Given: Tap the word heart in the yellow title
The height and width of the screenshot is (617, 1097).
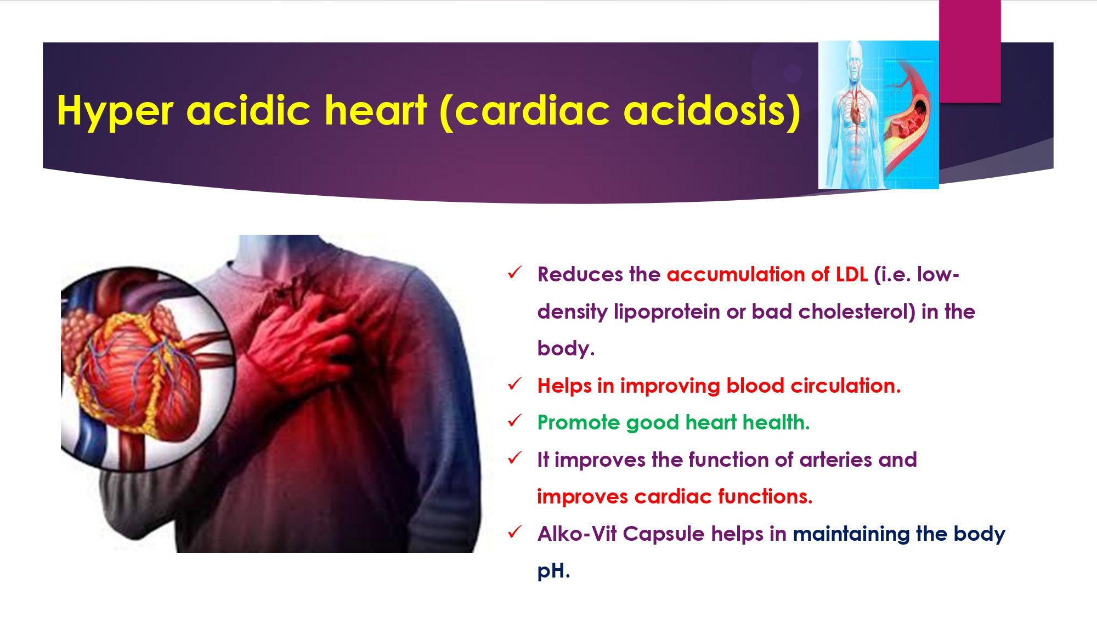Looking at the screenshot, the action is pos(375,110).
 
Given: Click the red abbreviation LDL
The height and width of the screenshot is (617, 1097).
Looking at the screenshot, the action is pos(851,274).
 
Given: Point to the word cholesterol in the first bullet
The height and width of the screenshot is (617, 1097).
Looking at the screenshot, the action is pos(857,312).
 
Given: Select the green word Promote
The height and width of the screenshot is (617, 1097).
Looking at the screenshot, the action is pos(579,422).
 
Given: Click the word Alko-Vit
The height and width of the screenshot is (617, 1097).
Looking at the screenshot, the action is pos(577,534).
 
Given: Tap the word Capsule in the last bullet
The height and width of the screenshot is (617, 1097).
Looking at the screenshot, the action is pos(663,534).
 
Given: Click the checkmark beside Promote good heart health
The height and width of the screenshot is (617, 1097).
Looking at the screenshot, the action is pos(515,421).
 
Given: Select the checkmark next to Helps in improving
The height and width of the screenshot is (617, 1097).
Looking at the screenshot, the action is pos(515,384).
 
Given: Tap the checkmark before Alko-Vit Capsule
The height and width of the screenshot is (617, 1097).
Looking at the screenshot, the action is pos(515,532).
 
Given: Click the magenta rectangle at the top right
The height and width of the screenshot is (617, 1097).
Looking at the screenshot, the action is pos(970,51).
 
